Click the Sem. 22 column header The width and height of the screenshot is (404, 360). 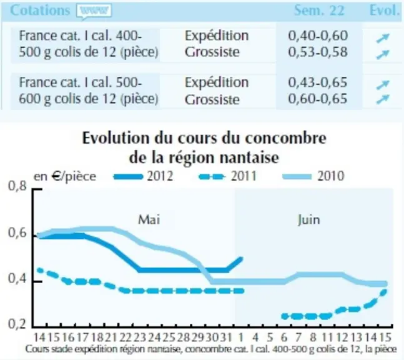click(x=319, y=11)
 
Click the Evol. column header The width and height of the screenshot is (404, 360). click(x=384, y=11)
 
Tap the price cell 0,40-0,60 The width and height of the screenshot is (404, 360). click(x=318, y=36)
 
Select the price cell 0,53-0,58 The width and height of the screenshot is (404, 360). click(x=318, y=52)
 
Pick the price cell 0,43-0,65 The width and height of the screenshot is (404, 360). click(x=318, y=82)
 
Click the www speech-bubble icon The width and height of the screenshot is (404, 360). click(x=94, y=11)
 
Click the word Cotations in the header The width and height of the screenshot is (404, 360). click(x=40, y=11)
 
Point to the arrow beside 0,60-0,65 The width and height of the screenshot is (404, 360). click(x=383, y=99)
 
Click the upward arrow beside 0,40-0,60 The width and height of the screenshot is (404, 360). click(x=383, y=38)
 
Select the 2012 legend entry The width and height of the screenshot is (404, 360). click(x=143, y=176)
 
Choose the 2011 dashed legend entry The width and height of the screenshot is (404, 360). click(x=228, y=176)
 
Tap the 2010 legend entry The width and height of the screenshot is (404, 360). click(x=313, y=176)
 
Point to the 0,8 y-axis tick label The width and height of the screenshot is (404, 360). click(x=17, y=186)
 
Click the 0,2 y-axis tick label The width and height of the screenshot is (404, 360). click(x=17, y=324)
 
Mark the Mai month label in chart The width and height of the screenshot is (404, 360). click(x=149, y=220)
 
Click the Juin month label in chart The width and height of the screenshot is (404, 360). click(x=308, y=220)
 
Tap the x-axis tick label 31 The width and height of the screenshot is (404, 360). click(x=227, y=337)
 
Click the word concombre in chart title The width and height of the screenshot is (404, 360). click(x=285, y=138)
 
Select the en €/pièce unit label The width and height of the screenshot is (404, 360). click(x=65, y=177)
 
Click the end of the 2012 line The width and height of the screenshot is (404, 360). click(x=242, y=258)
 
